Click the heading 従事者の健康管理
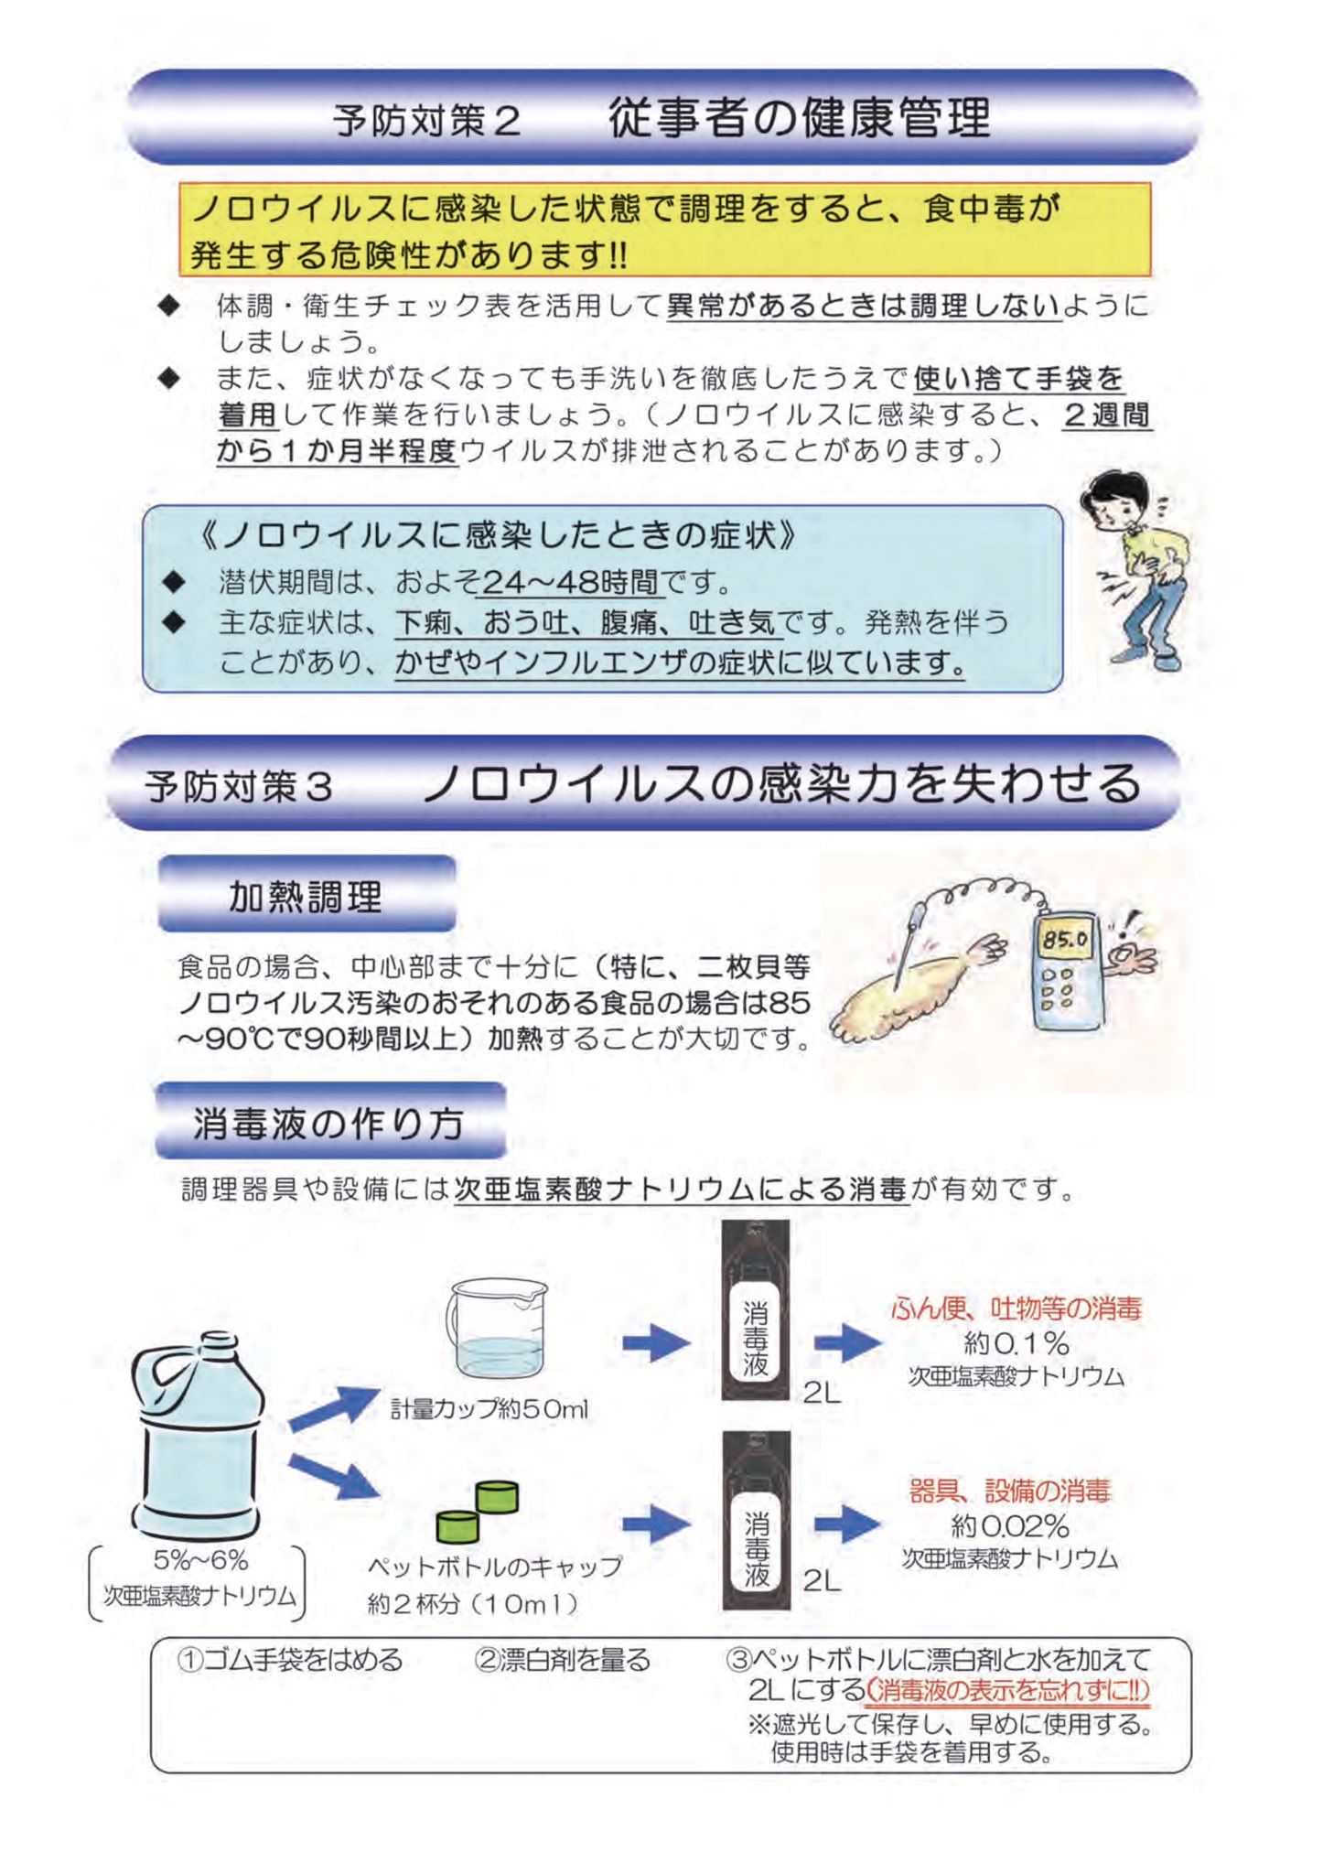click(x=800, y=119)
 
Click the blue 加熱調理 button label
click(x=306, y=897)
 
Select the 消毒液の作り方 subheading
click(x=328, y=1123)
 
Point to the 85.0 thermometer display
click(x=1065, y=939)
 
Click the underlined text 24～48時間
click(x=570, y=581)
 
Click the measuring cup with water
click(x=499, y=1328)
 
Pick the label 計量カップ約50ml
click(x=489, y=1409)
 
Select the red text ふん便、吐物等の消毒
click(x=1016, y=1309)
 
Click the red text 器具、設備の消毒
click(x=1009, y=1492)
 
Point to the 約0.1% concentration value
click(x=1016, y=1343)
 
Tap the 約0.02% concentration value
click(x=1010, y=1525)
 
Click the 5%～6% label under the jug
click(x=200, y=1560)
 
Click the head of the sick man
click(x=1115, y=501)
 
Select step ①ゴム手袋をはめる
click(x=289, y=1659)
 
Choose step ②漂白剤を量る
click(x=562, y=1659)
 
